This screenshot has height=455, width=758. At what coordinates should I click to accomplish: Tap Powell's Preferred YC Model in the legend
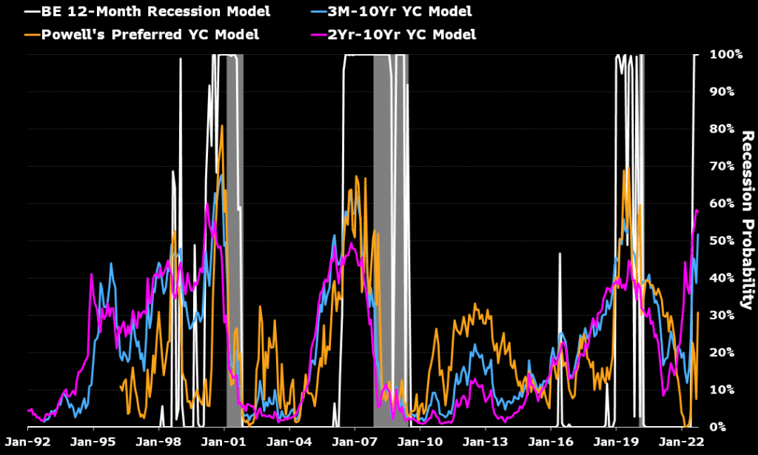coord(138,34)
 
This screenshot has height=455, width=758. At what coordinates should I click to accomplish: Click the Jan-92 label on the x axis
coord(27,442)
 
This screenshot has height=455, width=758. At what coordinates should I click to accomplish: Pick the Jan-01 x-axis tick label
coord(224,442)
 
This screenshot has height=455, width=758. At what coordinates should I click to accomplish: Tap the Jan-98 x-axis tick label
coord(158,442)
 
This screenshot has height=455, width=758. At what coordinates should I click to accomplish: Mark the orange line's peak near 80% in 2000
coord(222,125)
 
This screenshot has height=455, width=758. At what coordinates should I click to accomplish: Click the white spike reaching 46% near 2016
coord(560,253)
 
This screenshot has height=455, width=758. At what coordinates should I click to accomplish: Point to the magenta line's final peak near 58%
coord(696,210)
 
